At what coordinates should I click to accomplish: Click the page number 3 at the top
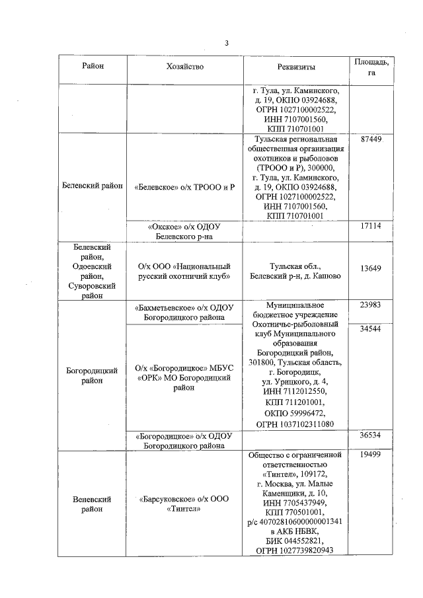(226, 44)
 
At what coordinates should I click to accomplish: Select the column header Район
(93, 66)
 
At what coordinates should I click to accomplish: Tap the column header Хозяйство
(184, 66)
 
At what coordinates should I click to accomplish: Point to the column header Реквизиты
(296, 67)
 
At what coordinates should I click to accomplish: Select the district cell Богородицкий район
(92, 376)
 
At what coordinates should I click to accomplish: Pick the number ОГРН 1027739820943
(296, 550)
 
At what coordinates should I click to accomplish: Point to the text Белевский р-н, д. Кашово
(296, 276)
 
